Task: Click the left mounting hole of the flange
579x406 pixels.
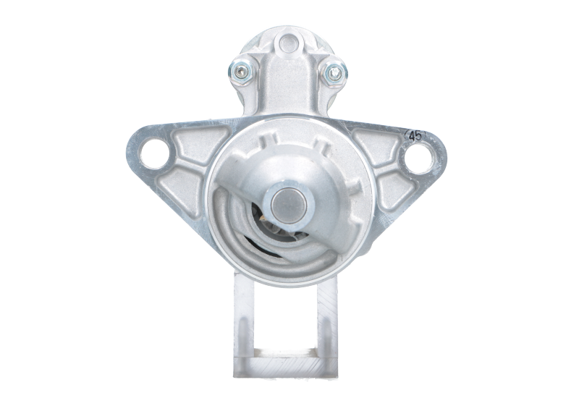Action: [154, 154]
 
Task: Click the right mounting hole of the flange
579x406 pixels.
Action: [419, 158]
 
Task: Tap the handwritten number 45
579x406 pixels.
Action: [415, 136]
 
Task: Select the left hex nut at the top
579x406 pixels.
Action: [241, 71]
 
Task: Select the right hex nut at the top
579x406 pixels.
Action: [334, 73]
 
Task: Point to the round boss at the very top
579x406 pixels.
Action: [288, 43]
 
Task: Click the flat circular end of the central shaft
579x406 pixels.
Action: [289, 206]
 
